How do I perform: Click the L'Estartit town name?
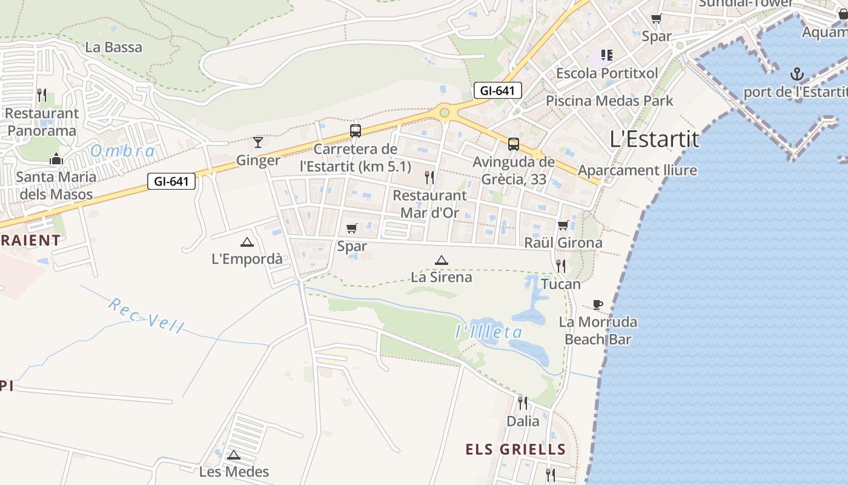click(654, 139)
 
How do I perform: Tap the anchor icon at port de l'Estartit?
click(797, 75)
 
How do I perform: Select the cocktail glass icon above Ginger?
click(258, 142)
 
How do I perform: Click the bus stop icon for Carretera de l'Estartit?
click(356, 131)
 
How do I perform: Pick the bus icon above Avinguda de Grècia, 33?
click(513, 144)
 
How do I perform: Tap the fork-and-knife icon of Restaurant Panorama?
click(42, 95)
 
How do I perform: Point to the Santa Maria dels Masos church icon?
click(56, 159)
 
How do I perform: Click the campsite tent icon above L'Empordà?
click(247, 242)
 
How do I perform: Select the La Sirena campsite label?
click(441, 277)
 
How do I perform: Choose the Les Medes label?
click(234, 471)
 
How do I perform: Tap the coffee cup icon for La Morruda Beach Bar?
click(598, 304)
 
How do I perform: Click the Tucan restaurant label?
click(561, 284)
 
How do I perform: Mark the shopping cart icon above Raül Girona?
click(563, 226)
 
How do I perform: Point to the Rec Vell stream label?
click(146, 315)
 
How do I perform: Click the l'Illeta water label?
click(489, 332)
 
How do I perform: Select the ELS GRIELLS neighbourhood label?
click(515, 449)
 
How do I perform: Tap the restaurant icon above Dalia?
click(522, 403)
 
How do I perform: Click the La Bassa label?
click(114, 47)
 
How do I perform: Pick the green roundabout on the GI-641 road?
click(445, 112)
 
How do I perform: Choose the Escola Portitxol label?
click(606, 73)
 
